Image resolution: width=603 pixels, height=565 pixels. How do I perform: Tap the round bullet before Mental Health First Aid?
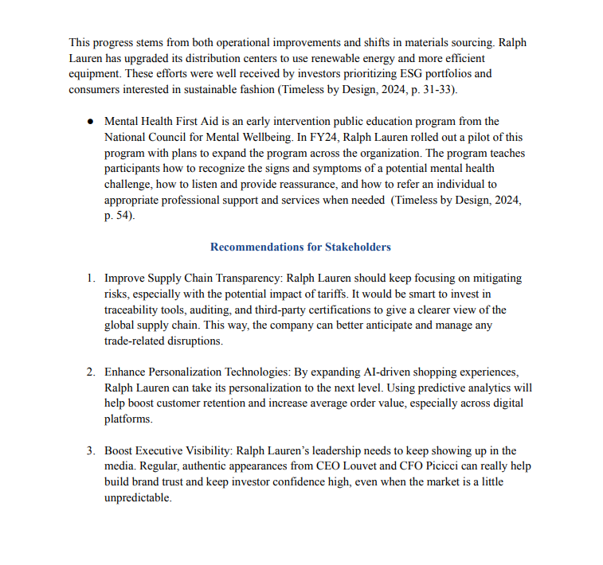pos(91,122)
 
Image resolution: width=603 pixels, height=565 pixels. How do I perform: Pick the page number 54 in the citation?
pos(123,216)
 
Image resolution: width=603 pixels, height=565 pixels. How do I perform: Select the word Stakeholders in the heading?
pos(358,247)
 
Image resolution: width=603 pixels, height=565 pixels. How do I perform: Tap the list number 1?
pos(91,279)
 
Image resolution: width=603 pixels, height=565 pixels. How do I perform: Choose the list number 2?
pos(91,372)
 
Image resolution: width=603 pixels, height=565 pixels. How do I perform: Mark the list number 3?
pos(91,451)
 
